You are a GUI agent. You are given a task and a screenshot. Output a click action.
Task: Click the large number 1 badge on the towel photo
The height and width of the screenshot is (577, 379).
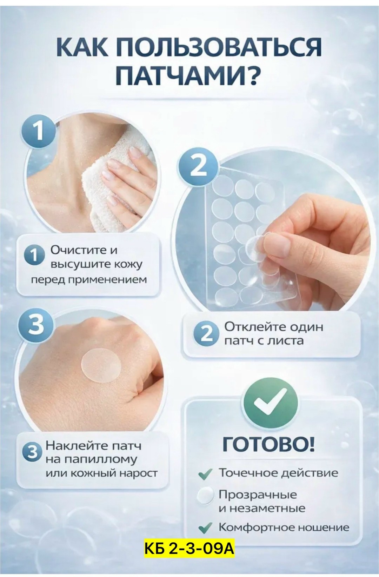[x=39, y=131]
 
